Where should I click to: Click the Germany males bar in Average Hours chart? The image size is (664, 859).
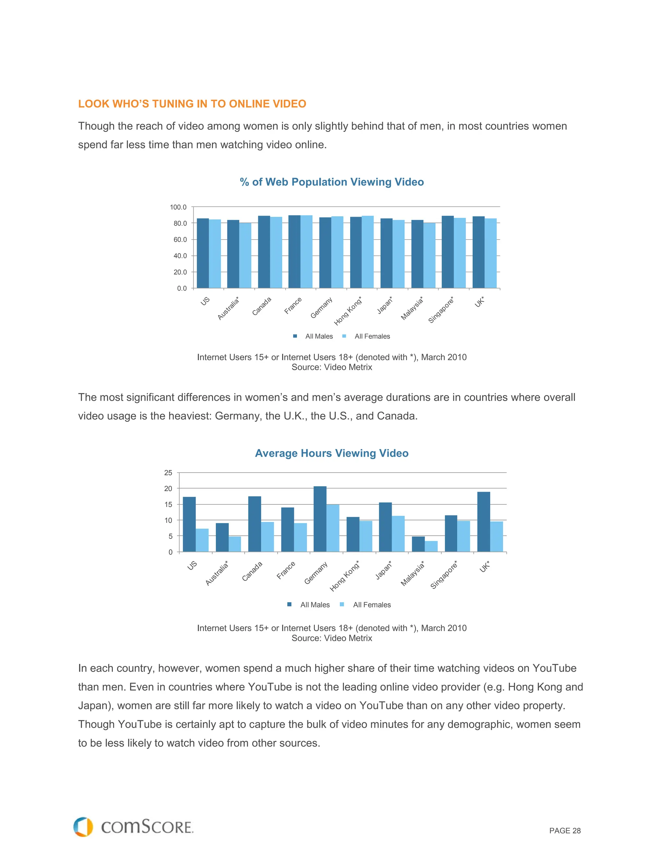click(x=320, y=519)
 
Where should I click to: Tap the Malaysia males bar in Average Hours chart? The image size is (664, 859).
click(x=418, y=544)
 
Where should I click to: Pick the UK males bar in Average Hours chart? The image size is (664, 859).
click(x=483, y=522)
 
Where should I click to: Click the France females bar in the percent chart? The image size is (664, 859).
click(x=306, y=252)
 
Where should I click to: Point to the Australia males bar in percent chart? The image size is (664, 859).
click(x=233, y=254)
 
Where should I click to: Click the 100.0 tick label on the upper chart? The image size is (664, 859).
click(x=178, y=207)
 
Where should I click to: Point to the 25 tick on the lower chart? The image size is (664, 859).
click(x=168, y=473)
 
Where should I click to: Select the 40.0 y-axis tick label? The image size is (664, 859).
click(x=180, y=256)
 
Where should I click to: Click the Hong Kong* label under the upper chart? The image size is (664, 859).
click(x=348, y=312)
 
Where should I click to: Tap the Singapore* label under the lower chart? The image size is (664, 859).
click(x=444, y=575)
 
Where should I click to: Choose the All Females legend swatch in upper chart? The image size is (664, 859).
click(x=344, y=336)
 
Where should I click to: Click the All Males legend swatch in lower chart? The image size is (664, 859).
click(x=290, y=605)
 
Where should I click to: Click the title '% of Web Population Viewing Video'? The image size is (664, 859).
click(x=332, y=182)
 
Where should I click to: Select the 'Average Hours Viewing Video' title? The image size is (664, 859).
click(x=332, y=453)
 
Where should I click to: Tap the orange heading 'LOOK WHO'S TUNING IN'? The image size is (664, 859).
click(x=192, y=104)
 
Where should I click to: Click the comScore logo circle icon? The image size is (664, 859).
click(x=83, y=827)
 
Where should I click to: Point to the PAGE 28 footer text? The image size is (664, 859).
click(x=564, y=831)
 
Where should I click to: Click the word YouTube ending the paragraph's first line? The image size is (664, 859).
click(x=554, y=668)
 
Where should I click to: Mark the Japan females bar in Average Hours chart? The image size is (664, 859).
click(x=398, y=534)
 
